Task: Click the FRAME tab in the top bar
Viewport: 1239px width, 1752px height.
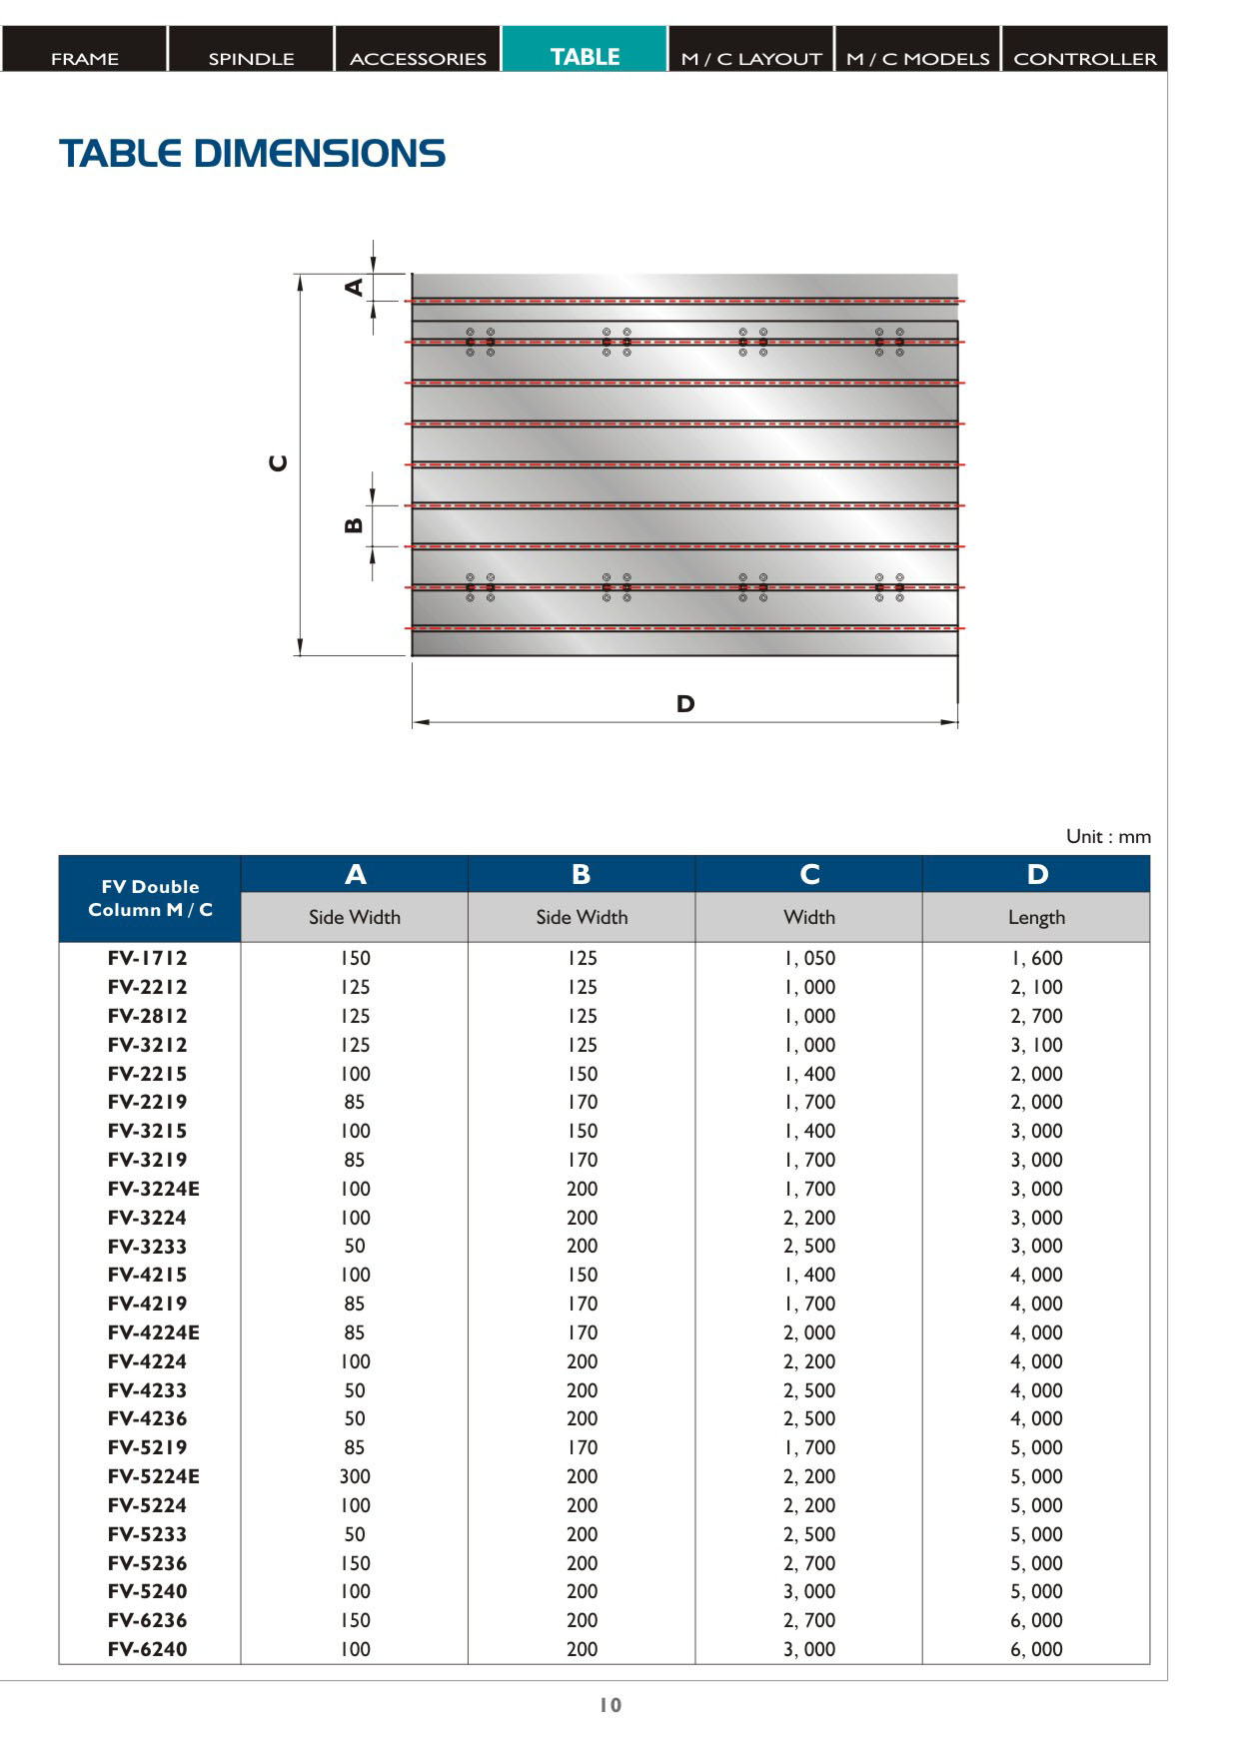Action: pos(84,58)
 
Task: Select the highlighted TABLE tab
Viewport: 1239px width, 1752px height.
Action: pos(585,57)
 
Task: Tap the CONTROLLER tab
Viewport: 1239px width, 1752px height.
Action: pos(1084,58)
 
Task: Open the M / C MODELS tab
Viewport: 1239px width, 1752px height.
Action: pos(917,58)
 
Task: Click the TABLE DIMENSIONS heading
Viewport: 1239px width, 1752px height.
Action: pos(252,154)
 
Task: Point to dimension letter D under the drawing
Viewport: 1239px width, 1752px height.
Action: pos(684,704)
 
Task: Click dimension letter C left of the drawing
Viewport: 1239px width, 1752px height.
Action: pos(279,463)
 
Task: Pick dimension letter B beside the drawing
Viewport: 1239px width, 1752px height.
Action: pos(354,525)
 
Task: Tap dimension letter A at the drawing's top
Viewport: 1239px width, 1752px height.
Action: pos(354,287)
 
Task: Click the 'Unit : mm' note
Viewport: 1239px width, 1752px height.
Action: pos(1107,836)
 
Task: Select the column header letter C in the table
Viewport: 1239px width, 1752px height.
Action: pos(809,875)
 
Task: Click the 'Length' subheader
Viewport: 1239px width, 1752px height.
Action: pos(1036,917)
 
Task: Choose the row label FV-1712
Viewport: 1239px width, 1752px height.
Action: pos(148,958)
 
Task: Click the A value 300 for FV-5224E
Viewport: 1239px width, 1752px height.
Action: pos(355,1476)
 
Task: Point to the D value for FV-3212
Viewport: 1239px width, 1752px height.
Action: pos(1036,1045)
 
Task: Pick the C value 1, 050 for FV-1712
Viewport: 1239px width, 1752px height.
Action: pos(809,958)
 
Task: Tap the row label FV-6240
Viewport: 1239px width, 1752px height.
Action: pos(148,1649)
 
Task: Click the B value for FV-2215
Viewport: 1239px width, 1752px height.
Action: pos(582,1074)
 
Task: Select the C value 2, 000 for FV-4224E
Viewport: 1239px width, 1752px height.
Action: pos(809,1332)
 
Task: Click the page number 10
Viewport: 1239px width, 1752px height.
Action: pos(611,1705)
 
